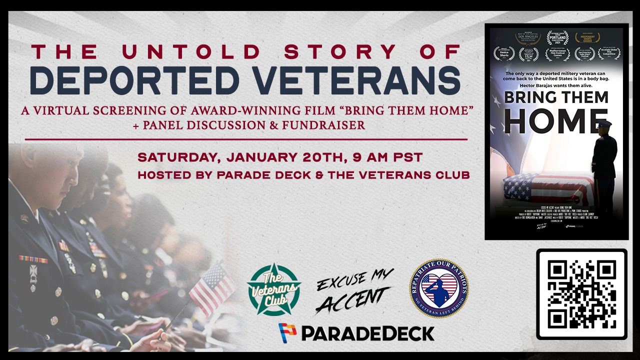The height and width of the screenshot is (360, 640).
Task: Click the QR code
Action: [581, 294]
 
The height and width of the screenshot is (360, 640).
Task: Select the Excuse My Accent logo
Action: [354, 291]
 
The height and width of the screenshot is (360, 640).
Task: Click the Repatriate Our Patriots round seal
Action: [438, 288]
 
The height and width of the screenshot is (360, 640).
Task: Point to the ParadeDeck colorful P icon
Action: [287, 332]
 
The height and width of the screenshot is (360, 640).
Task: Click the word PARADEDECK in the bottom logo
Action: [367, 333]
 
